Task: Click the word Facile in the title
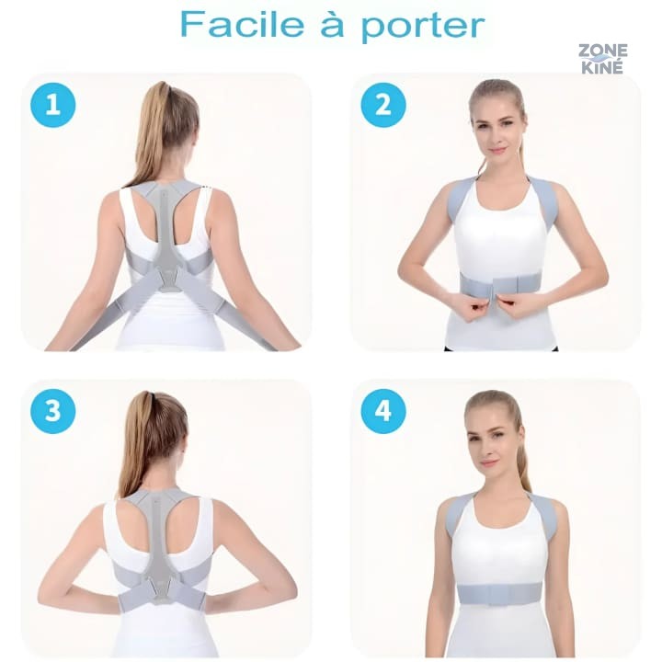(x=242, y=24)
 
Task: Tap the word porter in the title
(x=423, y=27)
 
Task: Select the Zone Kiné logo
(x=602, y=59)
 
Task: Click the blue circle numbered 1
(x=52, y=104)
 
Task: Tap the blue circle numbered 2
(x=382, y=104)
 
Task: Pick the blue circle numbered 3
(x=52, y=410)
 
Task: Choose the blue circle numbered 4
(x=382, y=410)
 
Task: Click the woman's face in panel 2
(x=497, y=126)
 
